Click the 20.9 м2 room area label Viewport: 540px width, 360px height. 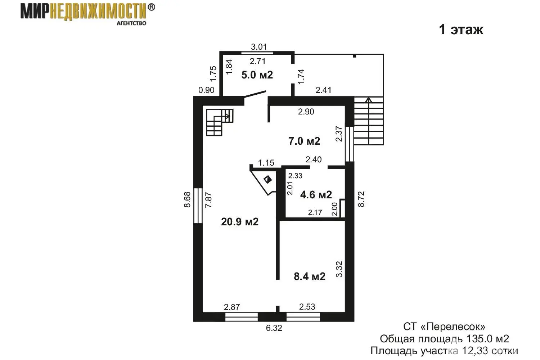[x=240, y=222]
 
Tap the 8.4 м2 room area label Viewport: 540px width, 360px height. [x=310, y=276]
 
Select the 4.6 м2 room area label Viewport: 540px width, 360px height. [x=316, y=195]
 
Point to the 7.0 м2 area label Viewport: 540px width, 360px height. [x=304, y=141]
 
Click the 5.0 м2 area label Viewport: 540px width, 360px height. [x=257, y=75]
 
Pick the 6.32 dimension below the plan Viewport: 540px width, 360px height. [x=274, y=328]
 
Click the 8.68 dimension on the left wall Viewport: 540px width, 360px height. [x=187, y=199]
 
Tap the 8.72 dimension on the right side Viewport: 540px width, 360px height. [x=361, y=199]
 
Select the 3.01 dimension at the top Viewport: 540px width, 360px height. [x=259, y=47]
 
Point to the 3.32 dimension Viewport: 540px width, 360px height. [x=339, y=269]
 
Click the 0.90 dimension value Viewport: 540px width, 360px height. [x=207, y=90]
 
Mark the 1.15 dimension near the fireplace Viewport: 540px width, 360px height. [x=266, y=163]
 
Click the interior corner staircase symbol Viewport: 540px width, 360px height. [x=219, y=122]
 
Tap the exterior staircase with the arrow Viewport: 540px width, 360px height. [x=368, y=121]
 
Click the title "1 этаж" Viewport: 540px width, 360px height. [x=461, y=30]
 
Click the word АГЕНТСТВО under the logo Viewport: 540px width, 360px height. [x=131, y=23]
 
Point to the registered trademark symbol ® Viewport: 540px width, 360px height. [x=152, y=7]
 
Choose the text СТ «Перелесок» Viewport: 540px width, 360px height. [x=444, y=327]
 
